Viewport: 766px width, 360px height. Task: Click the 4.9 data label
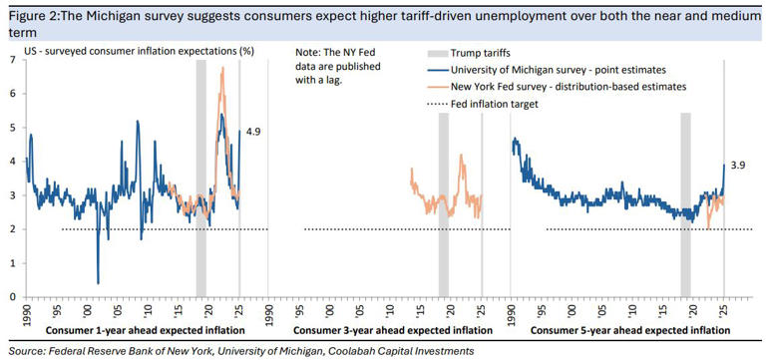[x=254, y=131]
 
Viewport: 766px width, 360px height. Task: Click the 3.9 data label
[x=737, y=165]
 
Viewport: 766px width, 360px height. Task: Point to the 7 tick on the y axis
[x=12, y=60]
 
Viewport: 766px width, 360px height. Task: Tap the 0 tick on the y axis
[x=12, y=296]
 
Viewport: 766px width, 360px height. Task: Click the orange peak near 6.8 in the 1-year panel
[x=221, y=68]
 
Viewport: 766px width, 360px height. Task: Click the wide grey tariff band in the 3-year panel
[x=444, y=180]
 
